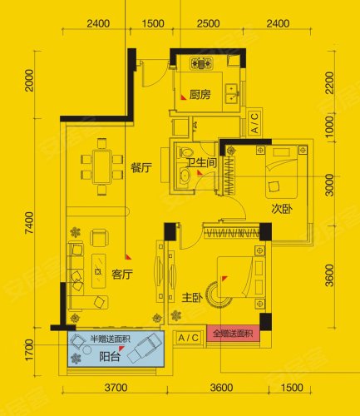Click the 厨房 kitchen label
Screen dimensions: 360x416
click(200, 95)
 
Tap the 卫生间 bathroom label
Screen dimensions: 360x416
click(201, 162)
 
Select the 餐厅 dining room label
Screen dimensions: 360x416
click(141, 168)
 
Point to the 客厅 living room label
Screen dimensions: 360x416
click(122, 275)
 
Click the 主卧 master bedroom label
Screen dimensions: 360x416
click(192, 298)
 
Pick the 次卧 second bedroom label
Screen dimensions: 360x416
click(282, 209)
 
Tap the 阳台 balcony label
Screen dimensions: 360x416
click(110, 356)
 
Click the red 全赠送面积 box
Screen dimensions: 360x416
click(233, 333)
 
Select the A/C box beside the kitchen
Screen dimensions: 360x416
click(254, 122)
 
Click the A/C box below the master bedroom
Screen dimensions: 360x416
click(189, 338)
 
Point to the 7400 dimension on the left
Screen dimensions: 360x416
click(29, 223)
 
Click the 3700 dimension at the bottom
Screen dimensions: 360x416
click(116, 388)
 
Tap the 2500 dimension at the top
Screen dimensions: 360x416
click(209, 23)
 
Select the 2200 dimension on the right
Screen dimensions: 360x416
click(329, 82)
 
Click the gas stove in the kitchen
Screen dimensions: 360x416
click(201, 63)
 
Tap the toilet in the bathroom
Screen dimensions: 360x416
click(186, 152)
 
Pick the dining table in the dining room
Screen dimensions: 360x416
click(102, 166)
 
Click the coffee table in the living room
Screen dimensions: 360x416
click(99, 271)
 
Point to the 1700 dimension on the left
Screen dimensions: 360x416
click(29, 350)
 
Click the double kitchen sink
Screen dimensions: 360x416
click(231, 93)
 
